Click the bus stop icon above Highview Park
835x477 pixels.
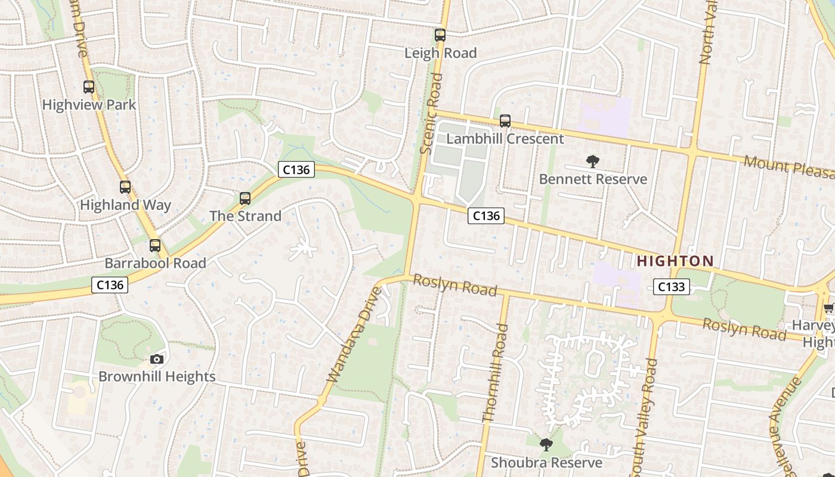(89, 87)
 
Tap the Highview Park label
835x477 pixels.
(89, 105)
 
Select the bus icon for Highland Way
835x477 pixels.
(125, 187)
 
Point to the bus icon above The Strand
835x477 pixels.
(245, 199)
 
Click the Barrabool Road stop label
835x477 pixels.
(155, 263)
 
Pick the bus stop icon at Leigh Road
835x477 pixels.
(440, 35)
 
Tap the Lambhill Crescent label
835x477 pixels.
(505, 139)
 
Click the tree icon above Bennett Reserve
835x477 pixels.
(592, 161)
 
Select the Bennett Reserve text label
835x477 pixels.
(593, 179)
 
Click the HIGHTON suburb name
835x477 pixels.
(675, 261)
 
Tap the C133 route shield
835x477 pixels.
(672, 287)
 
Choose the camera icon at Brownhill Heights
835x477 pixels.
(157, 359)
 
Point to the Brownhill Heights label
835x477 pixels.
(157, 377)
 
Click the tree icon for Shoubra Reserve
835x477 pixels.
(546, 445)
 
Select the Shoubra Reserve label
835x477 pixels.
(546, 463)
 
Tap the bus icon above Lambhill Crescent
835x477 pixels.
(505, 121)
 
